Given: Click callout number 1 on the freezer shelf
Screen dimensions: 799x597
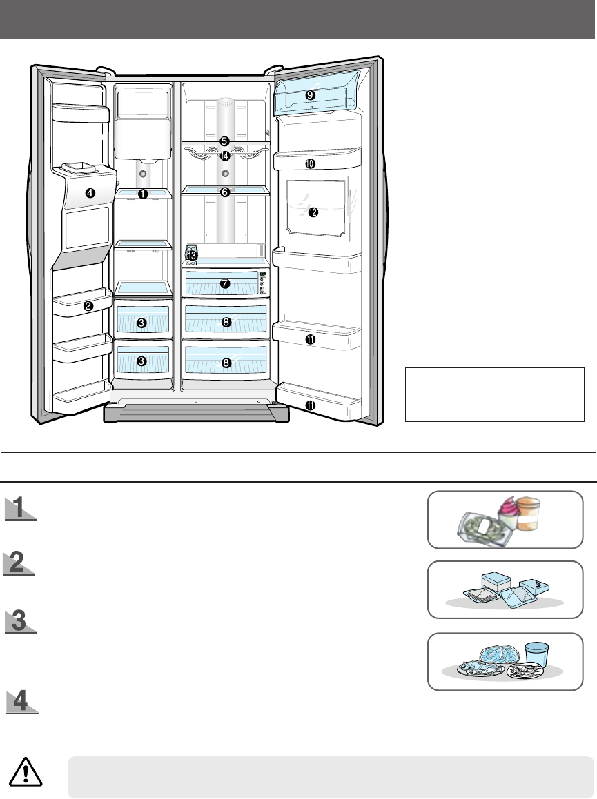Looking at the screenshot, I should click(x=143, y=194).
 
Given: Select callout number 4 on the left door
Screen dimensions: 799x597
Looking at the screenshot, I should click(x=90, y=193).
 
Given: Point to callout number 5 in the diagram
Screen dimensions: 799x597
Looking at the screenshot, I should click(x=224, y=141).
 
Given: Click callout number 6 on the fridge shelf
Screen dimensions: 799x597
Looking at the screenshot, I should click(x=224, y=192).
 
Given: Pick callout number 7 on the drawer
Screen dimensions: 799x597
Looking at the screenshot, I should click(x=224, y=283).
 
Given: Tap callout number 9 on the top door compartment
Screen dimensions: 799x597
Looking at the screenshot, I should click(x=310, y=94).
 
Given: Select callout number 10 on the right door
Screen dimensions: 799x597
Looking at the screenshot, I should click(x=310, y=163).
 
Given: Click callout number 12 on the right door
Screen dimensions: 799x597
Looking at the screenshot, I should click(x=313, y=212).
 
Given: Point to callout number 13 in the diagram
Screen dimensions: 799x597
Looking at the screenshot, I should click(x=192, y=256).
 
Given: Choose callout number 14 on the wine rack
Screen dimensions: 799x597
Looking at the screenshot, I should click(x=224, y=156).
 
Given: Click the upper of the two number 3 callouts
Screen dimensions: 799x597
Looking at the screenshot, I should click(x=141, y=323).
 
